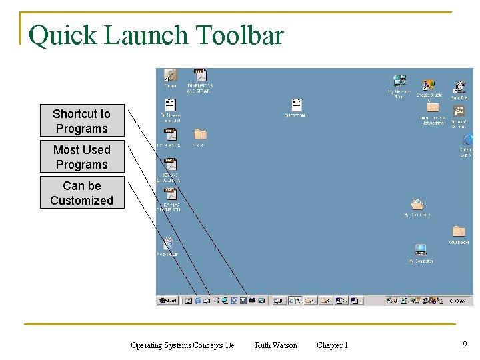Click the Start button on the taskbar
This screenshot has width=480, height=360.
(167, 301)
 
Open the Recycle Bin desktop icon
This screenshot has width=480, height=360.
(168, 245)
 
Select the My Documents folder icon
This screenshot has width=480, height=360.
(417, 205)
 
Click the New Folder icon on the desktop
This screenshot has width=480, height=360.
(459, 232)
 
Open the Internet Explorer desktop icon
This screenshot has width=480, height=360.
(467, 141)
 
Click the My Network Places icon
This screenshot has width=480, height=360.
(399, 81)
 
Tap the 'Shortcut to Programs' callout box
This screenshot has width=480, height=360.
(82, 121)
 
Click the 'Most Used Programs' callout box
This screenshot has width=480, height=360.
(82, 157)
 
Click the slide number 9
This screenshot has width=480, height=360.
(465, 345)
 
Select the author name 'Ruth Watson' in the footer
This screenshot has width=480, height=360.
(276, 345)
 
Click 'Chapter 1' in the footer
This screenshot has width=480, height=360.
(332, 345)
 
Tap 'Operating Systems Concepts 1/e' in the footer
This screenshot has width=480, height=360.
(183, 345)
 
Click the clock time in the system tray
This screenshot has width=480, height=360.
(457, 301)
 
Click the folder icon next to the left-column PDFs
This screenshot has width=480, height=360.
(200, 135)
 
